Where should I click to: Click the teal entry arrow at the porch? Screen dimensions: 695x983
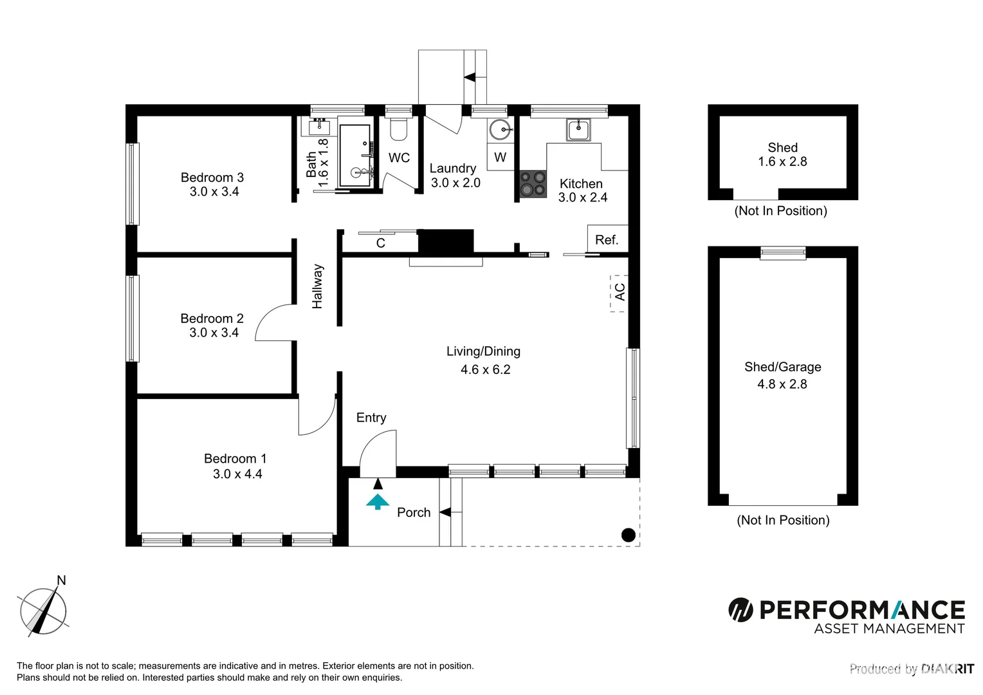click(x=378, y=501)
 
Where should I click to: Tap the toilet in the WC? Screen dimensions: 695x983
click(x=399, y=130)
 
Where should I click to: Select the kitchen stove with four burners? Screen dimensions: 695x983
click(x=533, y=183)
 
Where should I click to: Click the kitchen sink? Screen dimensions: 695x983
click(x=578, y=129)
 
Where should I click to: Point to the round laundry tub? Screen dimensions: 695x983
click(x=500, y=130)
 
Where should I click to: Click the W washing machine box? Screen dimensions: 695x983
click(x=500, y=158)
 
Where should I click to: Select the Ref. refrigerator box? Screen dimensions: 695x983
click(x=607, y=239)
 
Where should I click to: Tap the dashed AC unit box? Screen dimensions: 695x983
click(x=619, y=292)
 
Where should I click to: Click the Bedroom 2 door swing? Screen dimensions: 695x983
click(x=275, y=323)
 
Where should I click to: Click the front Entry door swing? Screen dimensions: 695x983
click(x=378, y=452)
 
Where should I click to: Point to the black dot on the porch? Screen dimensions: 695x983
click(x=629, y=535)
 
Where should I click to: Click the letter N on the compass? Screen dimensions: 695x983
click(x=62, y=580)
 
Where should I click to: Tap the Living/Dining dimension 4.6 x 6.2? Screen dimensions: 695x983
click(x=485, y=369)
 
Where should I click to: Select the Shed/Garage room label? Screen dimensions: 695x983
click(x=782, y=367)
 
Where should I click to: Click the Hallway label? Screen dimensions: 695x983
click(x=317, y=286)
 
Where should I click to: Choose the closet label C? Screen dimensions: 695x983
click(x=380, y=243)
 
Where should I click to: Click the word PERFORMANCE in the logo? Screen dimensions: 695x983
click(x=862, y=609)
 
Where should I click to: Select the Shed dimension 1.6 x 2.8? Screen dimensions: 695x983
click(x=782, y=162)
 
